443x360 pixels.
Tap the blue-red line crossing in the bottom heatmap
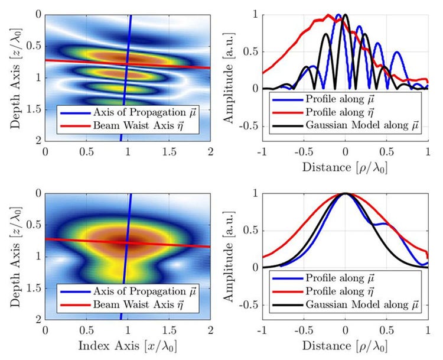click(x=126, y=242)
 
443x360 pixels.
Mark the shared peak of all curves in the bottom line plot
click(x=345, y=193)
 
